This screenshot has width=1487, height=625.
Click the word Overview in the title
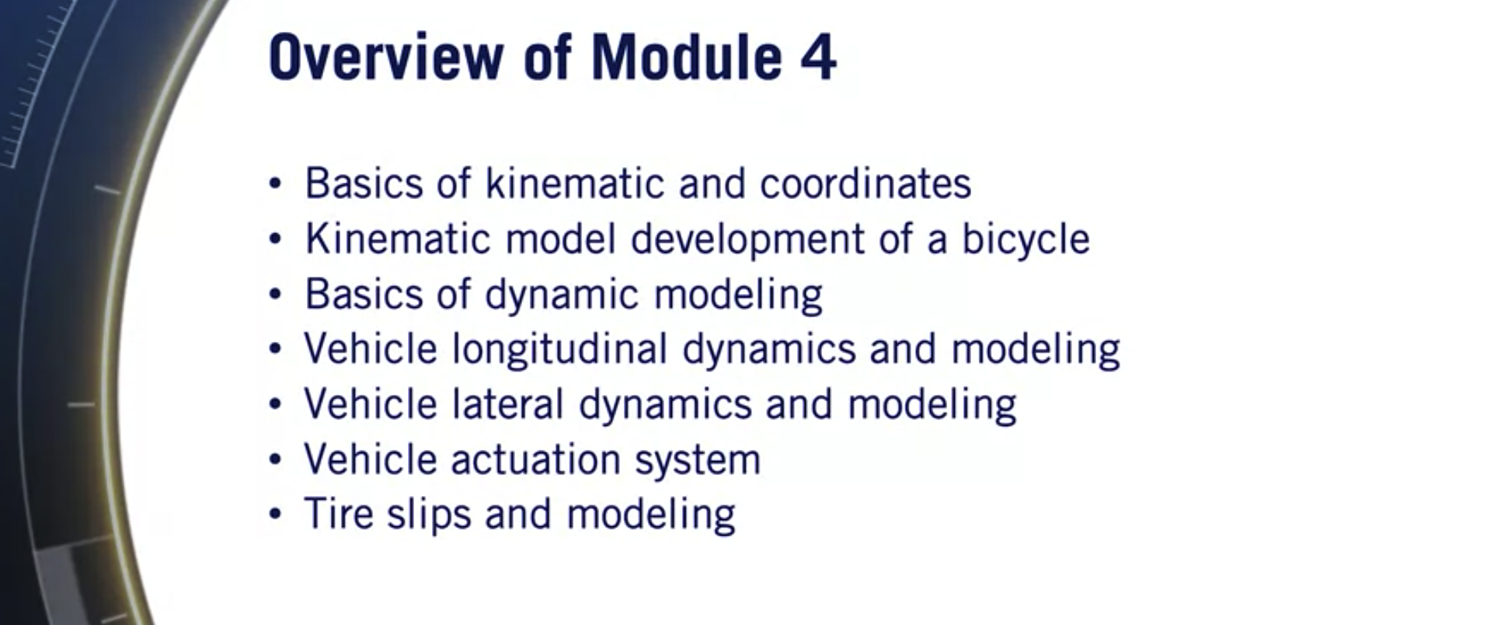click(385, 58)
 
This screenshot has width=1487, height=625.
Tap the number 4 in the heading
click(818, 58)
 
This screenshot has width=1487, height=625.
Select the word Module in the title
click(686, 58)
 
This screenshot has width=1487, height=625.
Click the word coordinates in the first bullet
click(865, 184)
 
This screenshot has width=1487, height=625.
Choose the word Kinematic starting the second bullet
click(397, 239)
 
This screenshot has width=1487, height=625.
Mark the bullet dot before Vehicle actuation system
click(275, 459)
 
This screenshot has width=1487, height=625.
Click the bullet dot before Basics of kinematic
click(275, 184)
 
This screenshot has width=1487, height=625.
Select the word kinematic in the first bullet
click(575, 184)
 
